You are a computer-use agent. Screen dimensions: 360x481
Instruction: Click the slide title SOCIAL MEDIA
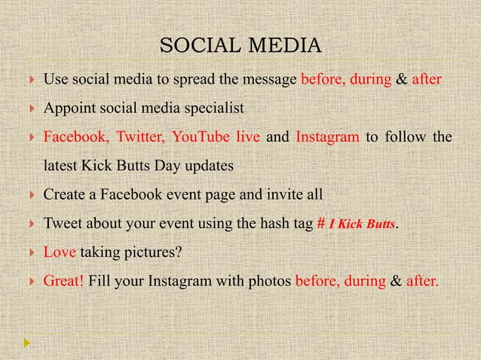point(240,46)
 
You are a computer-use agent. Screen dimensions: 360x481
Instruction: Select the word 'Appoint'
point(67,108)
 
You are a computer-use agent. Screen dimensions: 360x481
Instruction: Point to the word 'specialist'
point(217,108)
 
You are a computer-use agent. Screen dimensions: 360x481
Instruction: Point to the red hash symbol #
point(320,224)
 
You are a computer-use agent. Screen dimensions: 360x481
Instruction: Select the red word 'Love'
point(59,252)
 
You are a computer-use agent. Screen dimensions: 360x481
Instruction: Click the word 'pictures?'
point(154,252)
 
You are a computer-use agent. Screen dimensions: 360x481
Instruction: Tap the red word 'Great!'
point(63,282)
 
